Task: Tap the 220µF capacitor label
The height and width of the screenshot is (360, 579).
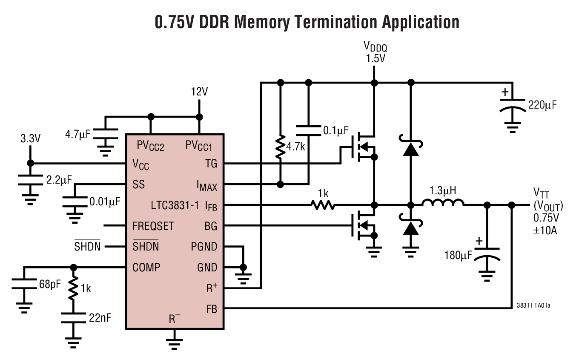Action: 542,104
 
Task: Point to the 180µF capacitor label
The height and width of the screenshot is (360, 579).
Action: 458,255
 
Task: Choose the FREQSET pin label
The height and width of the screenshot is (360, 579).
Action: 153,226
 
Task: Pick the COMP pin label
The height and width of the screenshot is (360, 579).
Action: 146,268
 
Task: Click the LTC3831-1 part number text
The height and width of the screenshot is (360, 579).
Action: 175,205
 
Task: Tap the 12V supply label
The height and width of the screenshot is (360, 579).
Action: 199,92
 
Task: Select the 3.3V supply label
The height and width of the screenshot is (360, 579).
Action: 31,139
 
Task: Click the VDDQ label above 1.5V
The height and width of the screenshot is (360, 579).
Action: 375,46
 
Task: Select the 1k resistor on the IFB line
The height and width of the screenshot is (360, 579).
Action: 323,205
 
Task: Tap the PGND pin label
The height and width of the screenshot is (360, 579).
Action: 204,247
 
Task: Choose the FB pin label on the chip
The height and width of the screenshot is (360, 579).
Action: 211,309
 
